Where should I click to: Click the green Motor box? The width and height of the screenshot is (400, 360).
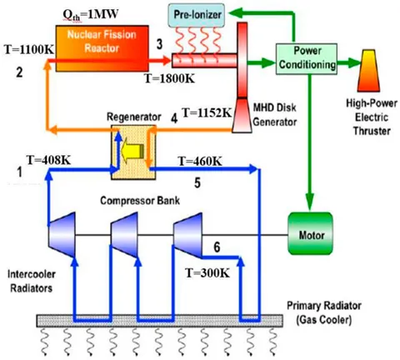click(309, 226)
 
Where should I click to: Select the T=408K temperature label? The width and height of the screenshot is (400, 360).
click(51, 161)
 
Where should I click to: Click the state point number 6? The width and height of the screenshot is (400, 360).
click(217, 247)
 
